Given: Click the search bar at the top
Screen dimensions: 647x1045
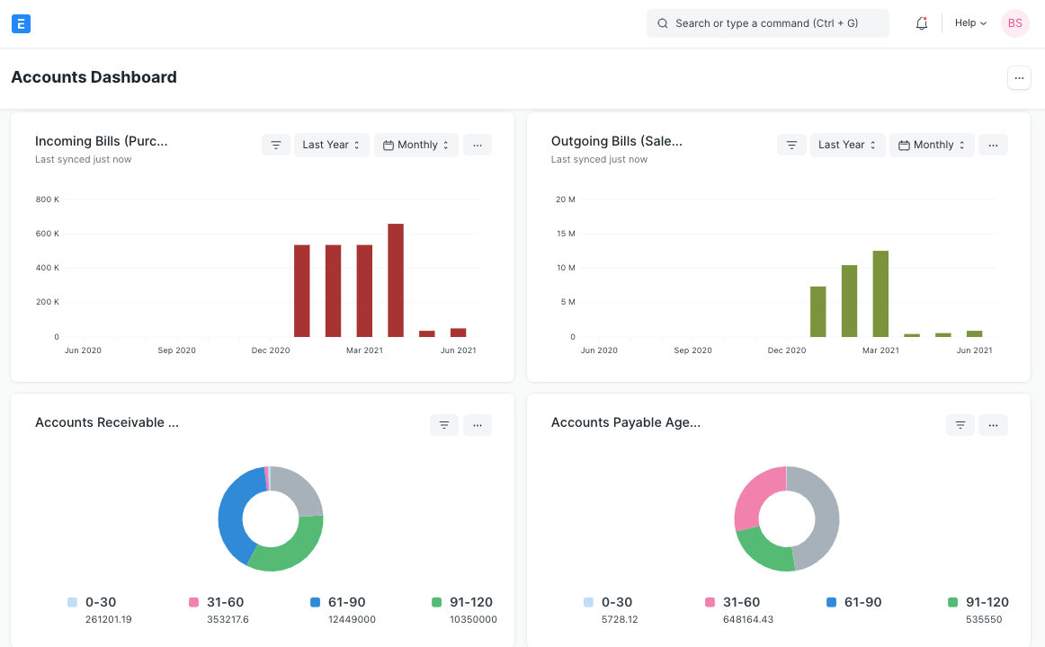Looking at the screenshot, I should [767, 23].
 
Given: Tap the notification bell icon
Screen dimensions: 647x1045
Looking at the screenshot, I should [921, 23].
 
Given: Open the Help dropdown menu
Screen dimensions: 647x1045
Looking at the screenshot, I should [970, 23].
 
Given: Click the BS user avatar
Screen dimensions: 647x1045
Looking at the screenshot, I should [1014, 23].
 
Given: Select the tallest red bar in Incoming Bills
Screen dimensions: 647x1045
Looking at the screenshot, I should [396, 280].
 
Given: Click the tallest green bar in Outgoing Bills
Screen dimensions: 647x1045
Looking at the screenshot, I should [880, 294].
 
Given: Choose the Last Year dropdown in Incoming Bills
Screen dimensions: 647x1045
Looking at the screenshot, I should [331, 145].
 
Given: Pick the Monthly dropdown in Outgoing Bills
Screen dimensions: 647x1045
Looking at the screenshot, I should [932, 145].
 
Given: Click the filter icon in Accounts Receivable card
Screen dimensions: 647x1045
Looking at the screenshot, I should [444, 425].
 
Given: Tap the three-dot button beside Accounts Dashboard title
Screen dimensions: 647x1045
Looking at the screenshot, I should [1018, 78].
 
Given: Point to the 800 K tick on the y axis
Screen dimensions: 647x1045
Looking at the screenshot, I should [48, 199].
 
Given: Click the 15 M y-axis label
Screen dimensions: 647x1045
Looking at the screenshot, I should [565, 234].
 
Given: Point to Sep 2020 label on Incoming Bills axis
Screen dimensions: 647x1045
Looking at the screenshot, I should [176, 350].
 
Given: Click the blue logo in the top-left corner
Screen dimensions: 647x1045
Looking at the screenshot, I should [22, 23].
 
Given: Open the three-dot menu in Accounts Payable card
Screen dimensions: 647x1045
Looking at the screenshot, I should [993, 425].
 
